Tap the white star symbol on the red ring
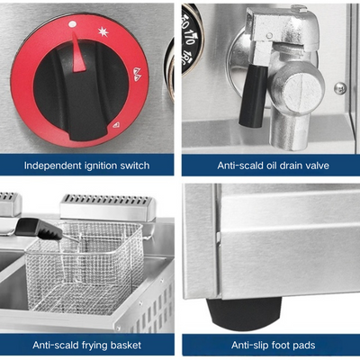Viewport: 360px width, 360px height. point(103,31)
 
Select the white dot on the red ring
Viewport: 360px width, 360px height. point(72,24)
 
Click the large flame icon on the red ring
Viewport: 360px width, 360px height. point(137,74)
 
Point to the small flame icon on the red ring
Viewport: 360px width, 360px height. point(116,125)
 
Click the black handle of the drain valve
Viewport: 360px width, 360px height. point(253,95)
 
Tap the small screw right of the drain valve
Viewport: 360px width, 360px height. point(340,87)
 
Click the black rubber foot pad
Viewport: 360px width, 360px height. point(244,314)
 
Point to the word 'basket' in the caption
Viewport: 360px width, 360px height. point(126,345)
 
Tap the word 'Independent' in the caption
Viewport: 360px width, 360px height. point(53,166)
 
